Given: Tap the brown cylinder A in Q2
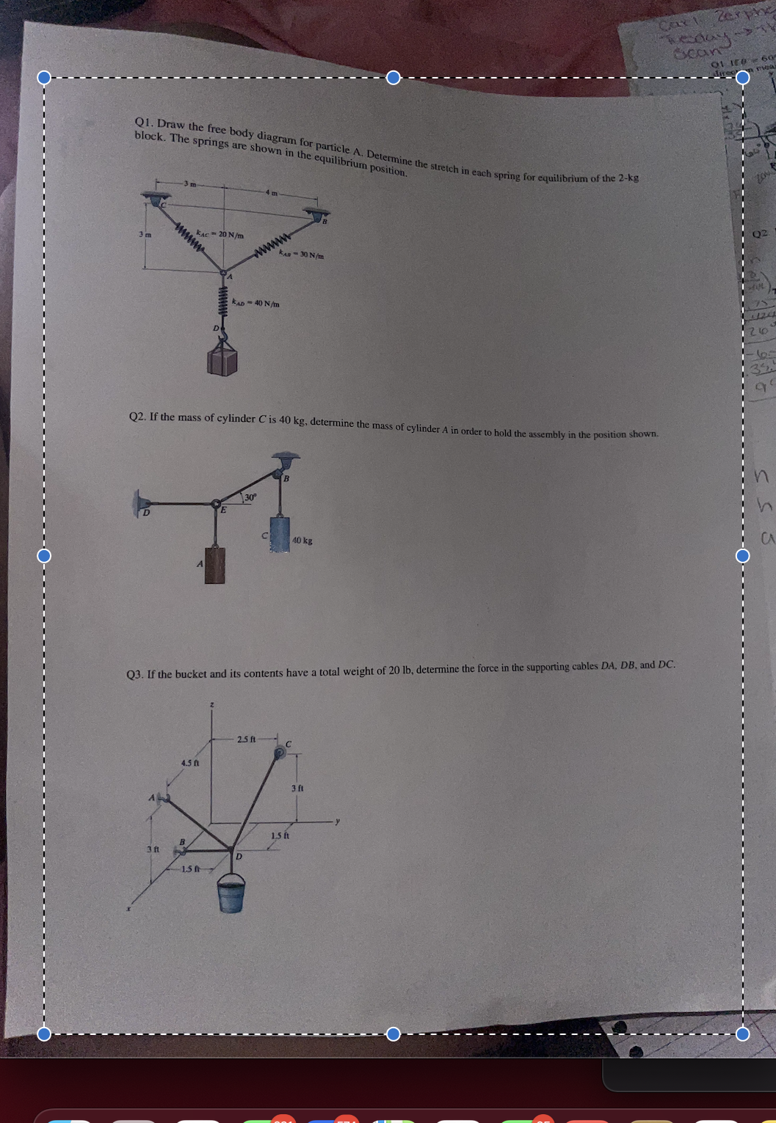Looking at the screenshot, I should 215,564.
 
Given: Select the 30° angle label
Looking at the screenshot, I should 250,497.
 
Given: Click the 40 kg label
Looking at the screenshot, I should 302,541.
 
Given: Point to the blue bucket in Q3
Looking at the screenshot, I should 231,894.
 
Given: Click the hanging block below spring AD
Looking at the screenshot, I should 222,362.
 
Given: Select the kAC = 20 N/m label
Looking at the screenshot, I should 220,235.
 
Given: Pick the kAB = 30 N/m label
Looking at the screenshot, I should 301,255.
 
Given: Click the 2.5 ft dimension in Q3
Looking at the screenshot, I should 246,739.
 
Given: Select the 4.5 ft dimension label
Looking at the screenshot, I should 189,763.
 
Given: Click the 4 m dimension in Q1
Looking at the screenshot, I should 272,193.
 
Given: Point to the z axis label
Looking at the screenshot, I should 212,705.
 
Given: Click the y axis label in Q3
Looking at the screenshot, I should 338,821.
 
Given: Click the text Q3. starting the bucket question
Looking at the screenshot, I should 134,674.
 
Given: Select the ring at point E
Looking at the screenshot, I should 217,505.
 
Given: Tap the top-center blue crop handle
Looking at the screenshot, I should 394,78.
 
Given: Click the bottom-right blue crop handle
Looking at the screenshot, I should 742,1034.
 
